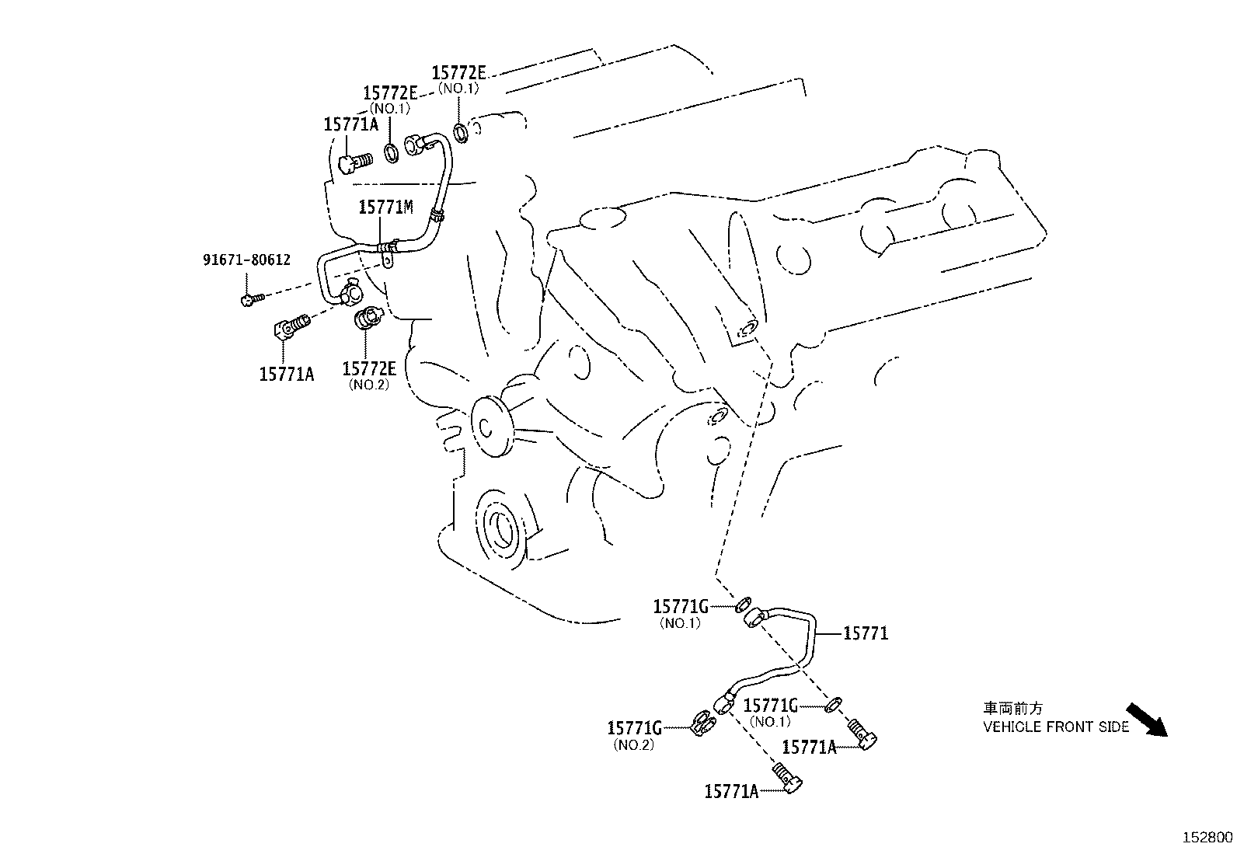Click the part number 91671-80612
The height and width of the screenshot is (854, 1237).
pos(246,260)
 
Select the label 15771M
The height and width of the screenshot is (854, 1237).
pos(385,207)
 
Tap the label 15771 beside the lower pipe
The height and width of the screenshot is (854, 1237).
pos(865,634)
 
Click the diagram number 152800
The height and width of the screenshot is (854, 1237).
pos(1207,838)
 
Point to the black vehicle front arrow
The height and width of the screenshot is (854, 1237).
pos(1147,720)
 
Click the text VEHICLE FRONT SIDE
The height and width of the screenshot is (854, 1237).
pos(1056,727)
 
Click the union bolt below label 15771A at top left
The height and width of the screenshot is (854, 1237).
pos(356,162)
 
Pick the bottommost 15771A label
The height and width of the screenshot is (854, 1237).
pos(730,791)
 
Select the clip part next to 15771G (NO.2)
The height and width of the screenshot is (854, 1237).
pos(705,726)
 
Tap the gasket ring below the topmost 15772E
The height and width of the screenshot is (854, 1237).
pos(461,131)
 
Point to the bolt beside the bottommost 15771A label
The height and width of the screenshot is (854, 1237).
pos(787,778)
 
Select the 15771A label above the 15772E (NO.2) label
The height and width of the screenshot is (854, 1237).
pos(286,374)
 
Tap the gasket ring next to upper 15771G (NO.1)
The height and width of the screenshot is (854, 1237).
pos(742,603)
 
